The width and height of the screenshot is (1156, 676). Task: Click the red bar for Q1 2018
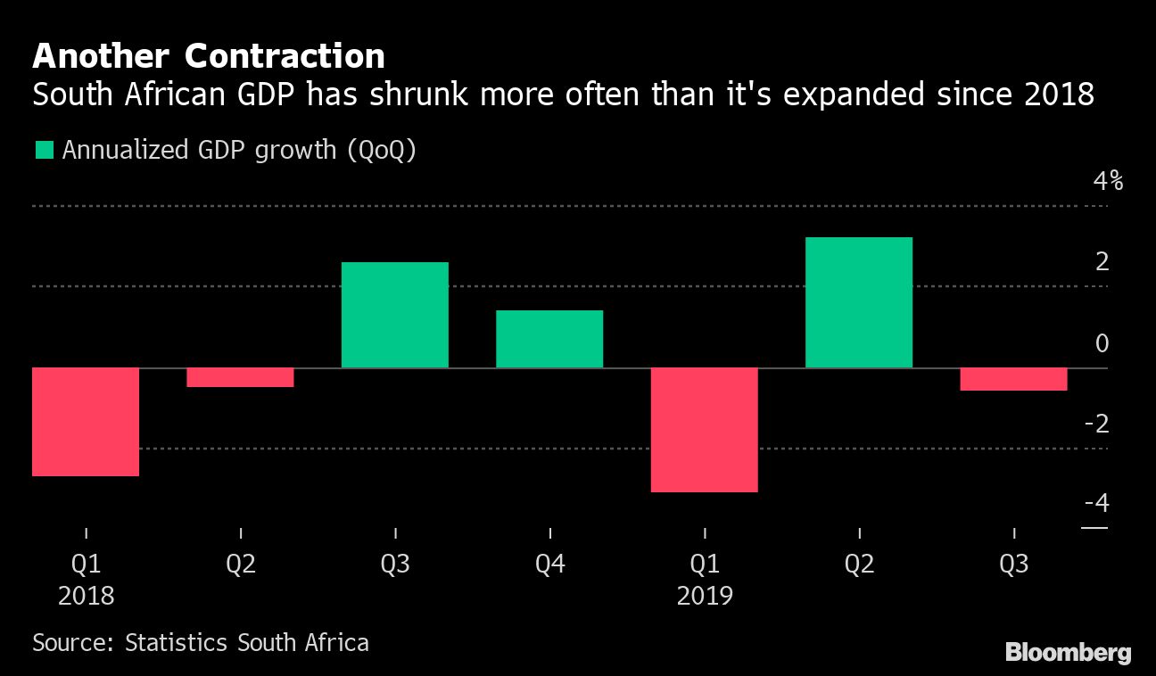(x=86, y=422)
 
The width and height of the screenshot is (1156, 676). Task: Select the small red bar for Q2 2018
(x=240, y=377)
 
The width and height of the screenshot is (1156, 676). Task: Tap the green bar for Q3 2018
(x=395, y=315)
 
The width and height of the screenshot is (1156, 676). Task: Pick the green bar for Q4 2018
(x=549, y=339)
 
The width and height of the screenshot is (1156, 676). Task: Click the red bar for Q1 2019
(x=704, y=430)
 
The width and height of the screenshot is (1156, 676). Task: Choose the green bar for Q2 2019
(x=859, y=302)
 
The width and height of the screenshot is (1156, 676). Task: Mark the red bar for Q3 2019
(x=1013, y=379)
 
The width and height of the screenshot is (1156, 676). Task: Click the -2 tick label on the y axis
(x=1096, y=424)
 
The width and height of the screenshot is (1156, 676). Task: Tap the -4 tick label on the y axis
(x=1096, y=504)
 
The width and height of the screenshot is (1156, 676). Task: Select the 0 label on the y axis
(x=1102, y=343)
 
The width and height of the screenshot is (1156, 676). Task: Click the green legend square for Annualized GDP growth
(x=43, y=150)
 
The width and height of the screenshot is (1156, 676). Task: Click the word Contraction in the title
(x=285, y=56)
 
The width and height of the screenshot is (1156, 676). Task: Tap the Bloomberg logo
(x=1068, y=653)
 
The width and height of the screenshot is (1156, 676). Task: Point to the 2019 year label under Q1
(x=705, y=596)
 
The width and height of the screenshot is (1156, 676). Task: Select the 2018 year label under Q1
(x=87, y=596)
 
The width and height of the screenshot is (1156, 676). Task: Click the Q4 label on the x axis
(x=549, y=565)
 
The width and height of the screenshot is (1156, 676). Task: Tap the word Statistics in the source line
(x=182, y=642)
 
